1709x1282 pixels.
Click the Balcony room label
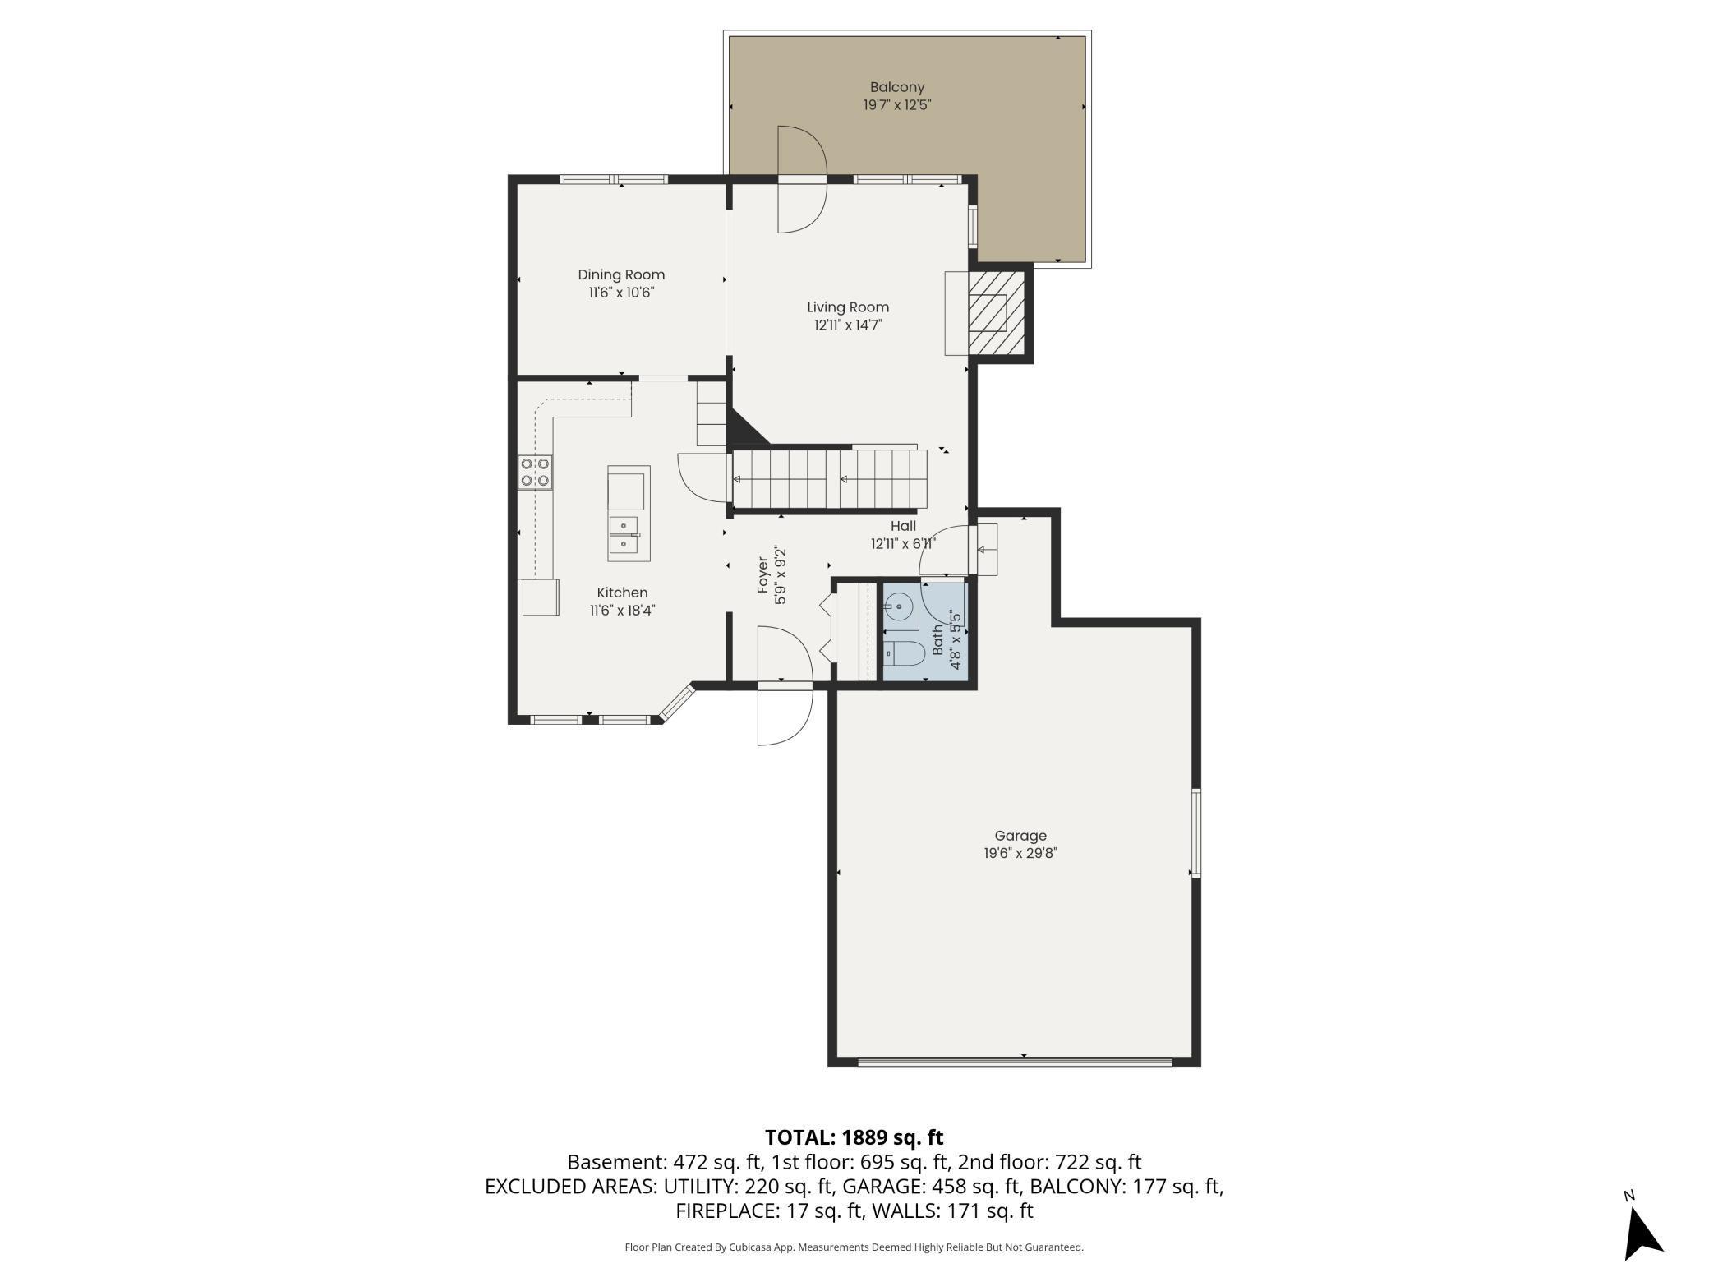[896, 87]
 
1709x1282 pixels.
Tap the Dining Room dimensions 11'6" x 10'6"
[621, 293]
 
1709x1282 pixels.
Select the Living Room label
[847, 307]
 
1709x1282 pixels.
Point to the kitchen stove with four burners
[535, 473]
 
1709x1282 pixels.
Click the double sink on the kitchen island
[624, 534]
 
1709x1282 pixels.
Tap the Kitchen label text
[622, 593]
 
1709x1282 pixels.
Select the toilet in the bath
[905, 653]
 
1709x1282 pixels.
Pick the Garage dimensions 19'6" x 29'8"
[1020, 853]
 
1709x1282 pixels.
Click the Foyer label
[763, 575]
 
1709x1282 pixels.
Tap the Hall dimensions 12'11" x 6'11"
[903, 543]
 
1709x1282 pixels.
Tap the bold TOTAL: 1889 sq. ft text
[854, 1137]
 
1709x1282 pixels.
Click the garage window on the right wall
[1195, 832]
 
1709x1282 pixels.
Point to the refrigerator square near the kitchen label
[540, 597]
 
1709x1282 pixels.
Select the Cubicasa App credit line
[854, 1247]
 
